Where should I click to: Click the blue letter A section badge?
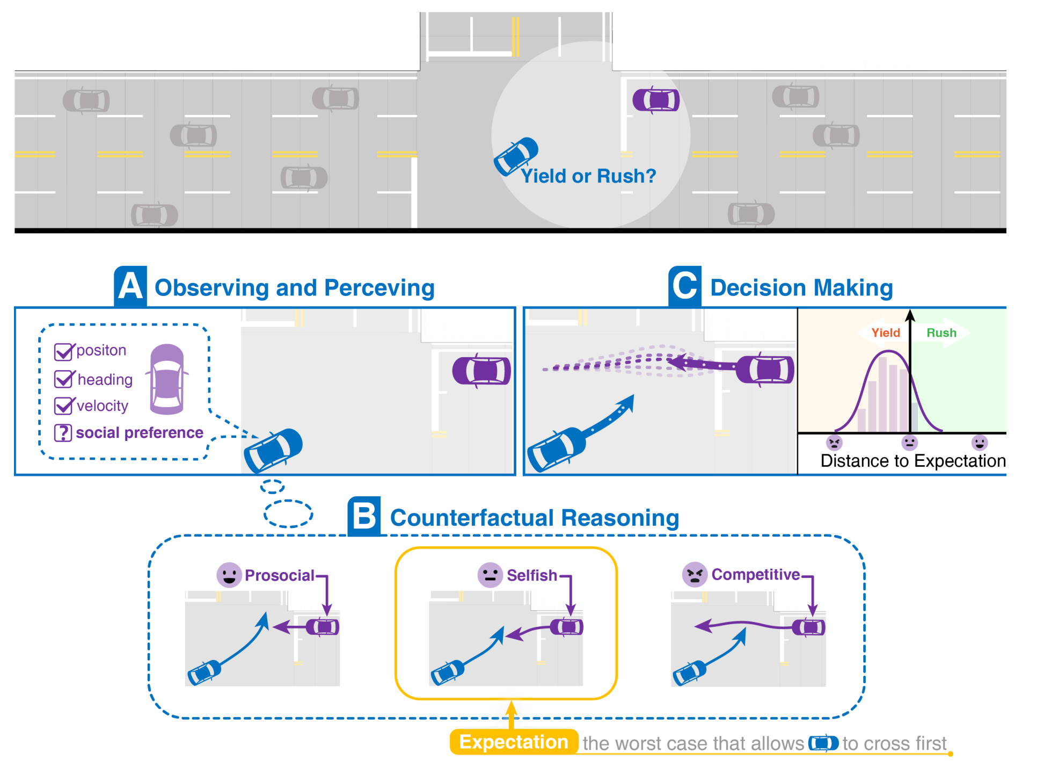(x=130, y=286)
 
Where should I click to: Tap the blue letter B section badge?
(x=364, y=516)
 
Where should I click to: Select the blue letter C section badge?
(x=685, y=286)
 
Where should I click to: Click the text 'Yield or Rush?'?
(x=588, y=176)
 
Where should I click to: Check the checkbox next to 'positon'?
(x=63, y=352)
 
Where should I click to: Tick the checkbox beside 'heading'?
(x=63, y=379)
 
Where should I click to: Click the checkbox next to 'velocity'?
(x=63, y=406)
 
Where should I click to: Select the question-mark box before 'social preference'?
(x=63, y=433)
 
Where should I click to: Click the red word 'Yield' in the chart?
(x=886, y=332)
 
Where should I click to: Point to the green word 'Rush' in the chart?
(x=941, y=332)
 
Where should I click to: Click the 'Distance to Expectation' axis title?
(x=913, y=461)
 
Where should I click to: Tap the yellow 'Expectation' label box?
(x=514, y=742)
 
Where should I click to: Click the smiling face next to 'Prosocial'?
(x=229, y=575)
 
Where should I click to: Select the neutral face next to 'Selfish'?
(x=490, y=575)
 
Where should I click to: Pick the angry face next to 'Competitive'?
(x=695, y=575)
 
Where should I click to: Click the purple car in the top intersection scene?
(x=656, y=100)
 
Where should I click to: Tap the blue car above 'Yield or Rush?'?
(x=516, y=156)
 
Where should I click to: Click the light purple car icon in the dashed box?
(x=167, y=379)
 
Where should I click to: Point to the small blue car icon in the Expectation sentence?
(x=823, y=743)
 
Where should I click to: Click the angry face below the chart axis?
(x=834, y=443)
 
